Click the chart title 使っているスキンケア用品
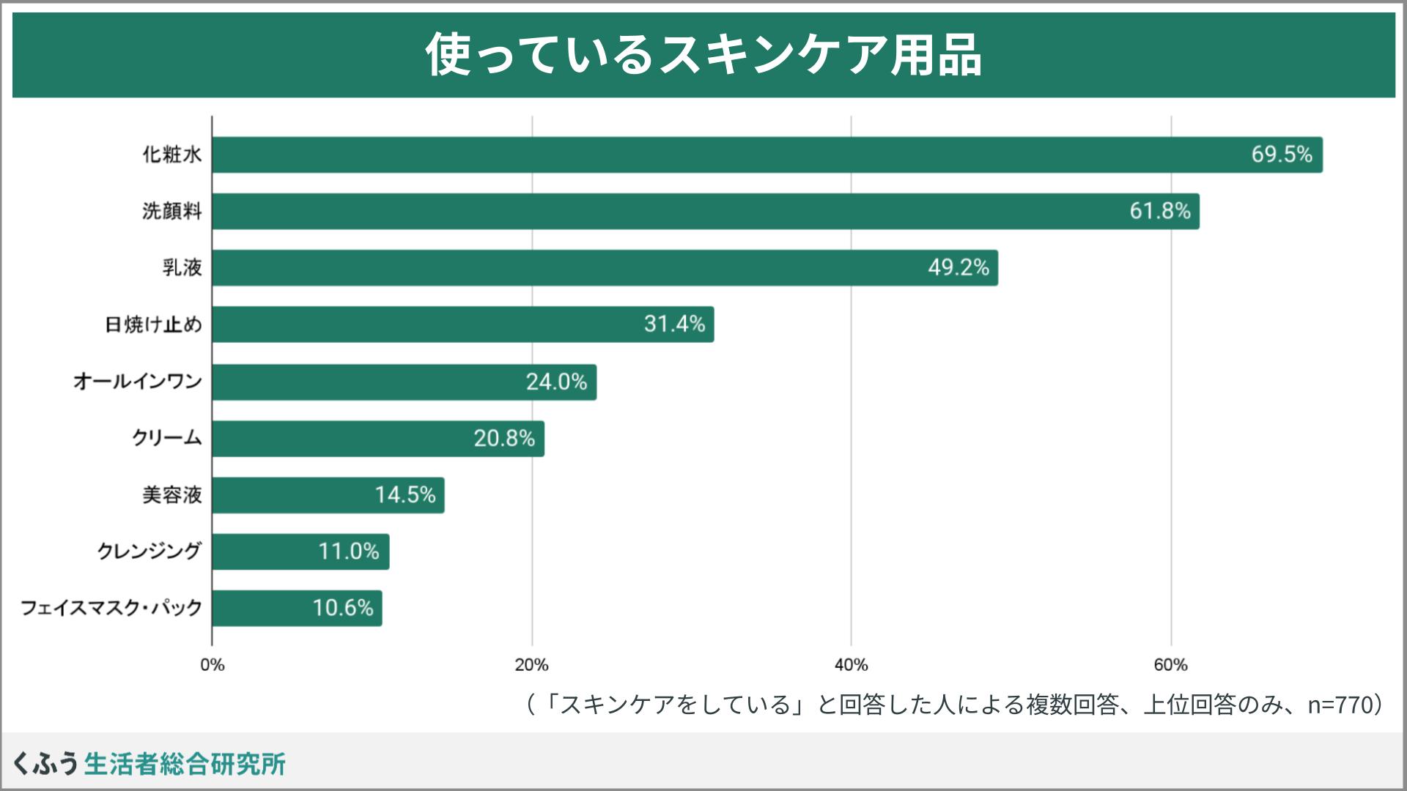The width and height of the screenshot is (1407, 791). (x=703, y=55)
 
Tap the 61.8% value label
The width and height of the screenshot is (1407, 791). (x=1159, y=211)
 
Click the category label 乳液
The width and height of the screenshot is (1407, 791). (x=182, y=268)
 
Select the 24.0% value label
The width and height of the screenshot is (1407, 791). (x=556, y=382)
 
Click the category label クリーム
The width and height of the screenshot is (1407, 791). (x=166, y=438)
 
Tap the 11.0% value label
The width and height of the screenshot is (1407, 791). (x=348, y=552)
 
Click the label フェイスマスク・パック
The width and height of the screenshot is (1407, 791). (x=111, y=608)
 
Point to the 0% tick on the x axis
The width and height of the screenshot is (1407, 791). (x=213, y=665)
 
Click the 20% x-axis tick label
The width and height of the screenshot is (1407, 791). (x=531, y=665)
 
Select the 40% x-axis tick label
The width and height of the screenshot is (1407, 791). (x=851, y=665)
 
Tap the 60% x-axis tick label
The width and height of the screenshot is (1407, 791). (x=1170, y=665)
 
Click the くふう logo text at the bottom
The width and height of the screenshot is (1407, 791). (x=45, y=764)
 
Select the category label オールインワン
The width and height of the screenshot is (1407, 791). (x=137, y=382)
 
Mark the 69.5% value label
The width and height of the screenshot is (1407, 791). (x=1281, y=155)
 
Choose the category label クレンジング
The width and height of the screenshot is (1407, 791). (x=149, y=552)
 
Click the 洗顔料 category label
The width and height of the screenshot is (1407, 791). (x=171, y=212)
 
